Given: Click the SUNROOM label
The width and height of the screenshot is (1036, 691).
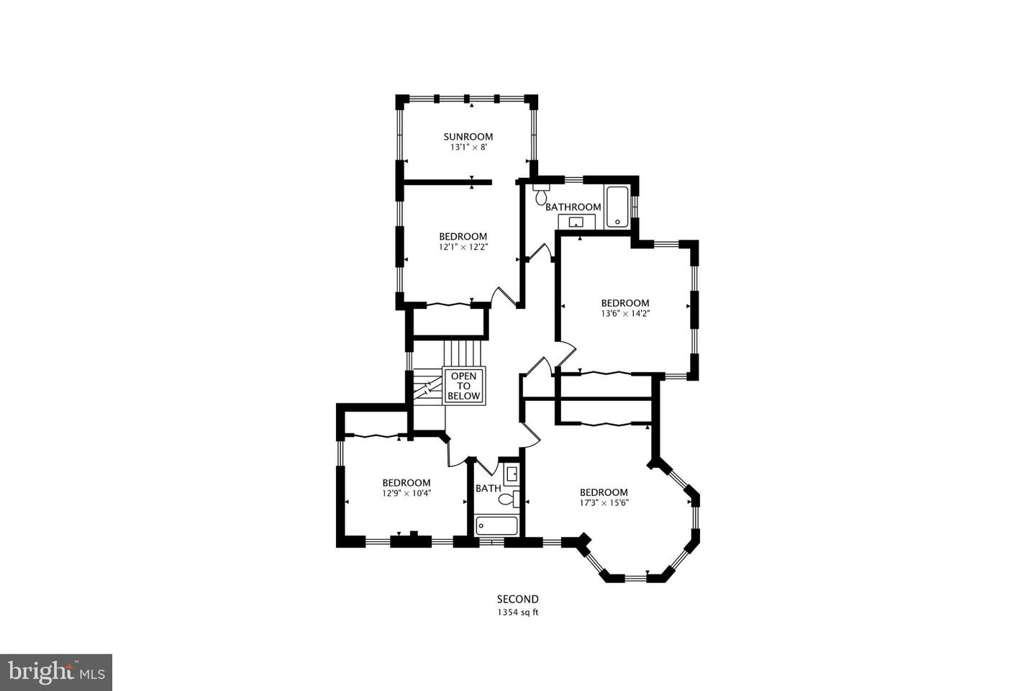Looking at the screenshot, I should click(x=468, y=137).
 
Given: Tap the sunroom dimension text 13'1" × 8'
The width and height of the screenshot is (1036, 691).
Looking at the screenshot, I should click(x=468, y=147).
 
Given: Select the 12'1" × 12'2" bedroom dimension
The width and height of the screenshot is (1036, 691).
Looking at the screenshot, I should click(x=463, y=246).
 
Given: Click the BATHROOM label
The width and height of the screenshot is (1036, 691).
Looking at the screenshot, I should click(x=573, y=207).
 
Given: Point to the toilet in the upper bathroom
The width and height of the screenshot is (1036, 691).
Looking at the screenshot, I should click(x=541, y=194).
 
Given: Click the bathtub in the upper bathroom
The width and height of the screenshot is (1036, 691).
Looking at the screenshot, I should click(x=617, y=207).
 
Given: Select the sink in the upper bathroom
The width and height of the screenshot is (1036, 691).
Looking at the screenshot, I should click(x=576, y=222).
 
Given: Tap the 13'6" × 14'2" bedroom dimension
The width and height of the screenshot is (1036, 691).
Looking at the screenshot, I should click(x=625, y=313).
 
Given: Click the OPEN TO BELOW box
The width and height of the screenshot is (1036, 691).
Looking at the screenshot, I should click(x=464, y=386).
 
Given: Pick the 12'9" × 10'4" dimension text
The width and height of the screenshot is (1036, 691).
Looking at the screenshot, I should click(x=406, y=493).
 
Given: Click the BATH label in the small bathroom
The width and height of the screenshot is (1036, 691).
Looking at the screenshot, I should click(x=488, y=488).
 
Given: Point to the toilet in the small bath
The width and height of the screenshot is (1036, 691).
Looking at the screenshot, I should click(x=509, y=498).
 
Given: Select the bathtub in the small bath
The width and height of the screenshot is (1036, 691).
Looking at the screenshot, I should click(x=496, y=526).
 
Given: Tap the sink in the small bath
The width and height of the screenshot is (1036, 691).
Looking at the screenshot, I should click(x=512, y=474).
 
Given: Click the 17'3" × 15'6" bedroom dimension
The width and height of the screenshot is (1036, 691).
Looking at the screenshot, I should click(x=604, y=502).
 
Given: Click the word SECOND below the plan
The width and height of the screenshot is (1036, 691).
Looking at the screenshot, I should click(x=518, y=599).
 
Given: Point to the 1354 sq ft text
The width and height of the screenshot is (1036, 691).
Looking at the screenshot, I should click(x=518, y=613).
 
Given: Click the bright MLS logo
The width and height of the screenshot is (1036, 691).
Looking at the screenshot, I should click(x=55, y=672).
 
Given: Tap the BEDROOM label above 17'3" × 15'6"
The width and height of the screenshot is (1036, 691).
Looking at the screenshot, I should click(x=604, y=492).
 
